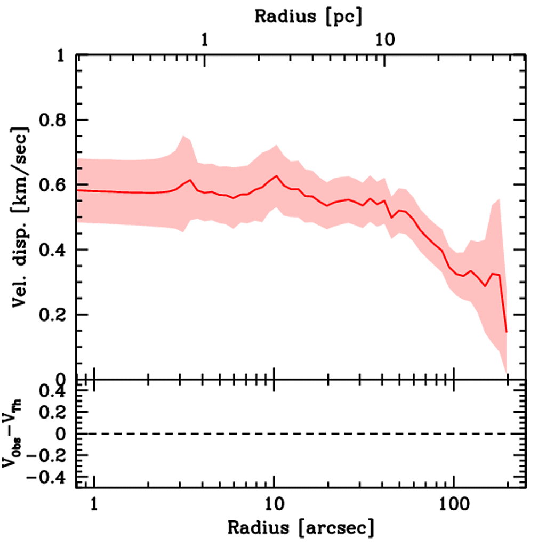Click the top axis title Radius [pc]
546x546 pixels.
click(x=308, y=15)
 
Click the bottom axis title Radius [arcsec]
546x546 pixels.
click(x=301, y=528)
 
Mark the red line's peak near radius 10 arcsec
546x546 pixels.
click(x=277, y=176)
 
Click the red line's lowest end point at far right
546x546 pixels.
click(x=506, y=332)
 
